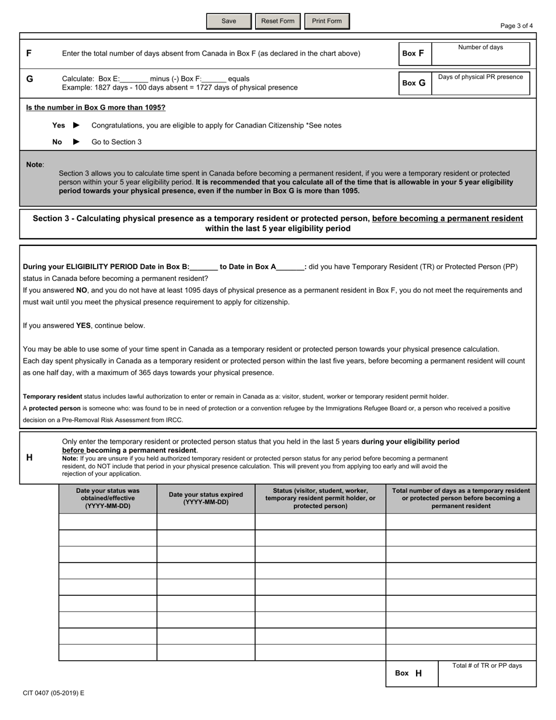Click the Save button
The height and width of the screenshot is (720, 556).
click(x=229, y=21)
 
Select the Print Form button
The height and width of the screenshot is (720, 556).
click(x=327, y=21)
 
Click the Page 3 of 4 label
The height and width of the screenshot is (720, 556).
click(x=516, y=26)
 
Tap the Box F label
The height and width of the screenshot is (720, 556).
click(x=413, y=53)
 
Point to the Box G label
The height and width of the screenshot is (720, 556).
click(x=414, y=83)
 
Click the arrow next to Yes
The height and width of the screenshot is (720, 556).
click(x=76, y=125)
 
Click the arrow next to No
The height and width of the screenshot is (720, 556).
click(x=76, y=142)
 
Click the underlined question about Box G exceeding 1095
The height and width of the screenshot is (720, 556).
click(x=95, y=108)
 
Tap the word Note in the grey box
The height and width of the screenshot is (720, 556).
click(x=35, y=164)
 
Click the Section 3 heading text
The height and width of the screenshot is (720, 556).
click(x=277, y=223)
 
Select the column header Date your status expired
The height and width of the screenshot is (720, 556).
click(x=205, y=498)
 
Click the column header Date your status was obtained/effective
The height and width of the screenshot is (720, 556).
click(x=108, y=498)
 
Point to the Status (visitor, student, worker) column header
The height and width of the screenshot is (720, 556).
click(x=320, y=498)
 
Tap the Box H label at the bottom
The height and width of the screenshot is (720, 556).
click(x=409, y=673)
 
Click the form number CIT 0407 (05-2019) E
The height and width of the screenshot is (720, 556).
click(x=53, y=693)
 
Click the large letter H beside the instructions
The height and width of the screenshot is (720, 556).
click(x=29, y=458)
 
